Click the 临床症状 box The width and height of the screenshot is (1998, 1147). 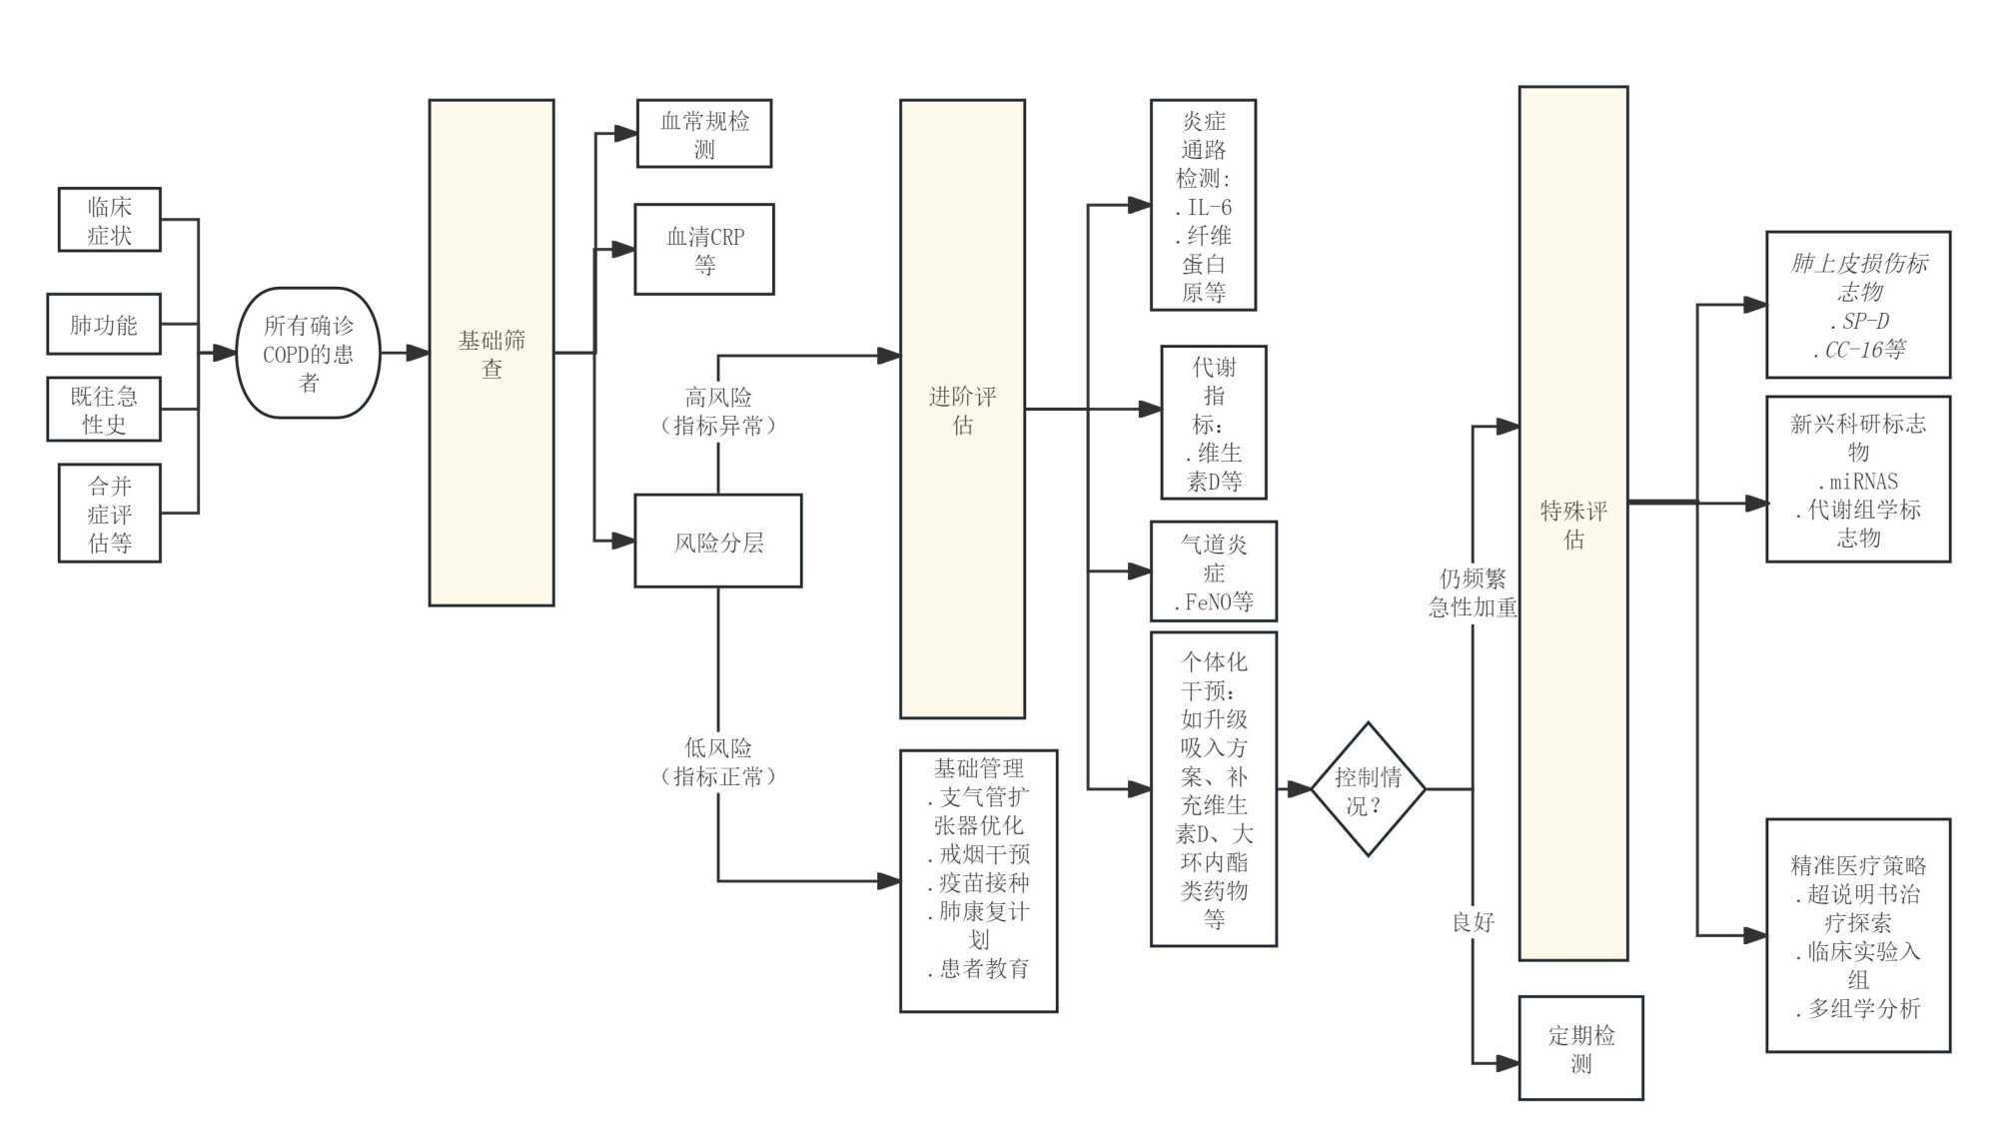click(x=109, y=220)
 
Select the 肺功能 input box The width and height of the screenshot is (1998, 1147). click(x=104, y=325)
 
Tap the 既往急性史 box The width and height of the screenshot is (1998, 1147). click(x=104, y=410)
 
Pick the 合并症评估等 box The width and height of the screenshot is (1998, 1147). click(x=109, y=514)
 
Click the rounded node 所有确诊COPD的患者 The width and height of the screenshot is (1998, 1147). click(x=308, y=353)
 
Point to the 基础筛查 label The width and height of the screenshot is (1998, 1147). click(x=492, y=354)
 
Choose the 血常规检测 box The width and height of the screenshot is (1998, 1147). click(x=704, y=134)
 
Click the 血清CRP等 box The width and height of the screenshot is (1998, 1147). click(x=704, y=250)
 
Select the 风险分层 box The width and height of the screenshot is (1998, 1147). click(x=718, y=542)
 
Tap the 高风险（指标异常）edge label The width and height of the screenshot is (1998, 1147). click(x=718, y=411)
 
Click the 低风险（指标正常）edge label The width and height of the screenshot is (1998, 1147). click(x=718, y=761)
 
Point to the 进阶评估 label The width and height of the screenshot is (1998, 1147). click(x=962, y=410)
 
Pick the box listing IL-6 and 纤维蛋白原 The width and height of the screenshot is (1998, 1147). click(x=1203, y=206)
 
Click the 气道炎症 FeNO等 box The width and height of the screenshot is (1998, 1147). click(x=1213, y=573)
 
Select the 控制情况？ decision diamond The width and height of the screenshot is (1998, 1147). click(x=1367, y=789)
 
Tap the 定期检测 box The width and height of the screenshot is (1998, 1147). click(x=1580, y=1048)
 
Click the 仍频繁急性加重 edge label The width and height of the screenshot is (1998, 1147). click(x=1473, y=592)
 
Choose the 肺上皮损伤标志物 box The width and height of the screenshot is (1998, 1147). click(x=1858, y=305)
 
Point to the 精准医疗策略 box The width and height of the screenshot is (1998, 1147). click(x=1858, y=936)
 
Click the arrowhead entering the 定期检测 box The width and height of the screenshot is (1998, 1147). click(x=1508, y=1064)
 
